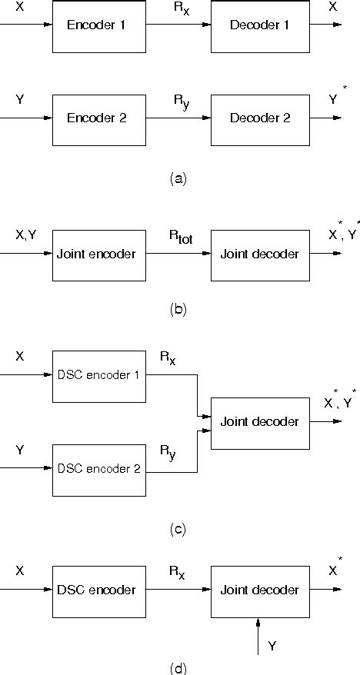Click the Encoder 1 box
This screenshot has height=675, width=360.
click(x=99, y=25)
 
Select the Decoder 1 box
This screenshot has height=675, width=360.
click(x=259, y=25)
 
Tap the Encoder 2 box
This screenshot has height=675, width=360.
click(x=99, y=119)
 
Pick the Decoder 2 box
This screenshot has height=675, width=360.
click(x=259, y=119)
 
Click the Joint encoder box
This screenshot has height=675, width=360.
click(x=99, y=254)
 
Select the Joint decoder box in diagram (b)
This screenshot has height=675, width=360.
click(x=259, y=254)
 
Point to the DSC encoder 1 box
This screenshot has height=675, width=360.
click(x=99, y=375)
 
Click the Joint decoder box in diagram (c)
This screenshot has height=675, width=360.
click(x=259, y=422)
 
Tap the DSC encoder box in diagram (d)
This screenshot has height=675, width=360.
click(x=99, y=590)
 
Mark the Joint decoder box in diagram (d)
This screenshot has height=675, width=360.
click(x=259, y=590)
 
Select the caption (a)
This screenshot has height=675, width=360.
click(x=178, y=178)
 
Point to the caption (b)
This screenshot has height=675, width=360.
click(x=178, y=311)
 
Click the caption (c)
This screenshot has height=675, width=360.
click(x=178, y=529)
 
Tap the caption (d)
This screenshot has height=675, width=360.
click(x=178, y=667)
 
